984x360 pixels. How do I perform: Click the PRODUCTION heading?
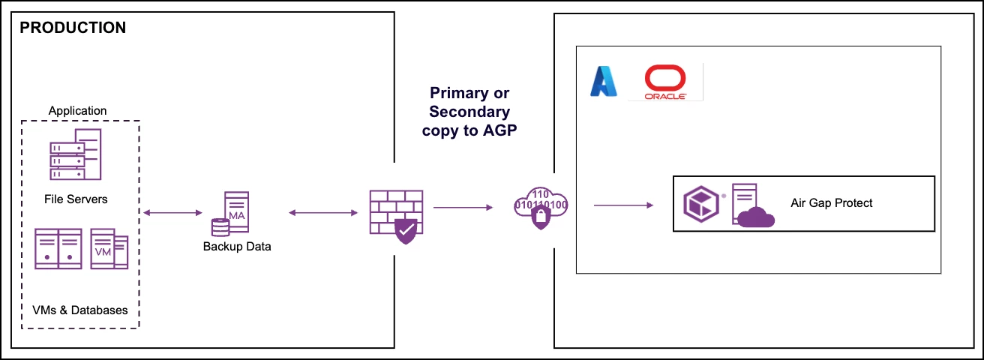pyautogui.click(x=73, y=28)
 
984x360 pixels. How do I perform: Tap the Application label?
pyautogui.click(x=77, y=110)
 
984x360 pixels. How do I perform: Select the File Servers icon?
pyautogui.click(x=74, y=154)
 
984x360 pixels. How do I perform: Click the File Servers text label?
pyautogui.click(x=75, y=199)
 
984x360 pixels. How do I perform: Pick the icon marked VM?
pyautogui.click(x=109, y=248)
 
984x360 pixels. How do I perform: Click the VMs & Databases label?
pyautogui.click(x=80, y=310)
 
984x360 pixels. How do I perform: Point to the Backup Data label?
pyautogui.click(x=236, y=246)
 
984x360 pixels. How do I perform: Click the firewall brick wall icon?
pyautogui.click(x=395, y=217)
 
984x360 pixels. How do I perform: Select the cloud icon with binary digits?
pyautogui.click(x=541, y=206)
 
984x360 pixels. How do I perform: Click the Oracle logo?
pyautogui.click(x=666, y=82)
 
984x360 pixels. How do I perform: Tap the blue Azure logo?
pyautogui.click(x=603, y=82)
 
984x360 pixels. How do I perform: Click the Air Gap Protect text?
pyautogui.click(x=832, y=202)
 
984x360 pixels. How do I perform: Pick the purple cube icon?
pyautogui.click(x=700, y=204)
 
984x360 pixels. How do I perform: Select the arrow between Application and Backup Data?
pyautogui.click(x=172, y=214)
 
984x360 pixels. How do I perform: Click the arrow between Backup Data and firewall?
pyautogui.click(x=322, y=214)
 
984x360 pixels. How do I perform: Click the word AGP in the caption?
pyautogui.click(x=494, y=129)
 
